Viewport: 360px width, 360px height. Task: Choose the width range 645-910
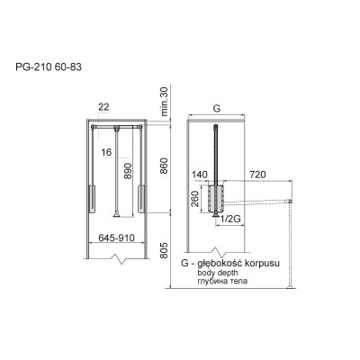pyautogui.click(x=116, y=238)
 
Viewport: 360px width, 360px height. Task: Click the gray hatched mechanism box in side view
pyautogui.click(x=215, y=197)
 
